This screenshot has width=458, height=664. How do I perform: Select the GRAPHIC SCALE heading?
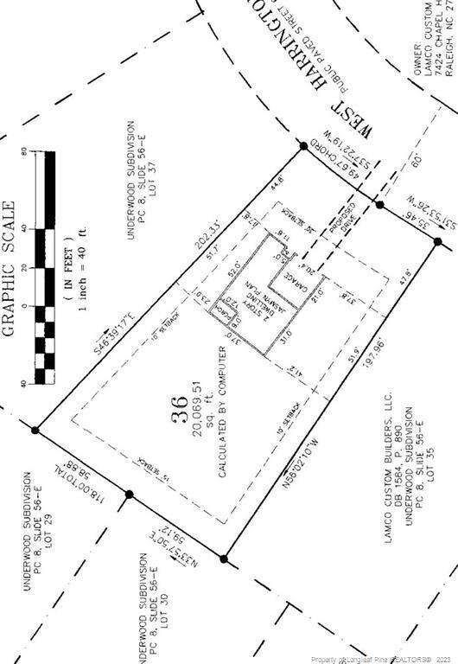tap(10, 267)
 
